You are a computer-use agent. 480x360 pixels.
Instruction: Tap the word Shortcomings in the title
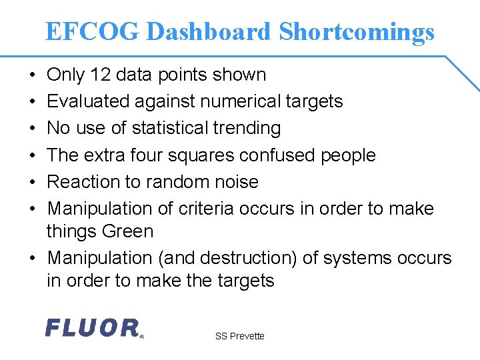(x=357, y=32)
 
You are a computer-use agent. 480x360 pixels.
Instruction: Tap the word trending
(x=251, y=128)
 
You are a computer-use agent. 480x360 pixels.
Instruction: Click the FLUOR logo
(x=94, y=328)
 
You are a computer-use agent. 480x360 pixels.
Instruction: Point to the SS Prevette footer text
(x=239, y=336)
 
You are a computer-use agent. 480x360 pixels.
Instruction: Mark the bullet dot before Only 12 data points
(x=33, y=75)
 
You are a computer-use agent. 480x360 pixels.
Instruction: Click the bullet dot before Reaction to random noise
(x=33, y=182)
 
